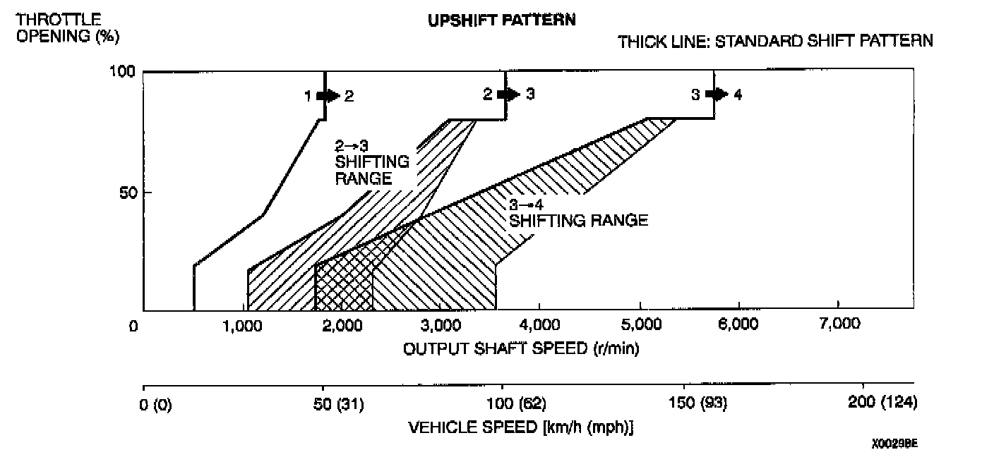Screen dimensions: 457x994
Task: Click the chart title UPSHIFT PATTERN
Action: tap(501, 20)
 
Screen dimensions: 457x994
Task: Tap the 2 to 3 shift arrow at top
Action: tap(510, 95)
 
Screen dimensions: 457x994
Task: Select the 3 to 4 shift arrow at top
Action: tap(719, 95)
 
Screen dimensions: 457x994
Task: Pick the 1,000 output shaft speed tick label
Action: tap(242, 325)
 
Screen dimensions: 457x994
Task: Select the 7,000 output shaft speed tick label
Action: tap(838, 325)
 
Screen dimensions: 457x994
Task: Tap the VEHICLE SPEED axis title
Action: tap(521, 427)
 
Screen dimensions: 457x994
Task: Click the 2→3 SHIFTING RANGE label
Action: tap(371, 162)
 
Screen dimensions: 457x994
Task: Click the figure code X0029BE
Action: tap(894, 444)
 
